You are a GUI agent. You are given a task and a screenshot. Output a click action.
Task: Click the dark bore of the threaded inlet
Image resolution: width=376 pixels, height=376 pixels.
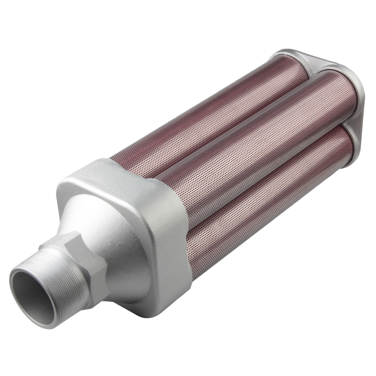coord(36,297)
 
